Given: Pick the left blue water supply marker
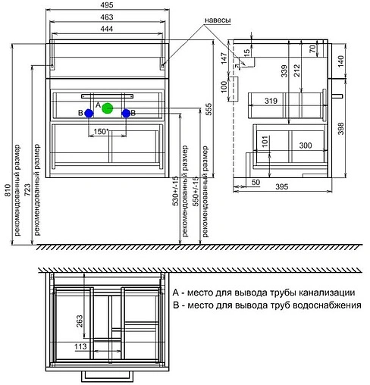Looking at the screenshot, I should click(x=89, y=113).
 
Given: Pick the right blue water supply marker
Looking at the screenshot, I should click(x=126, y=113).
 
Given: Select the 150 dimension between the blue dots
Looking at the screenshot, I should click(x=101, y=131).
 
